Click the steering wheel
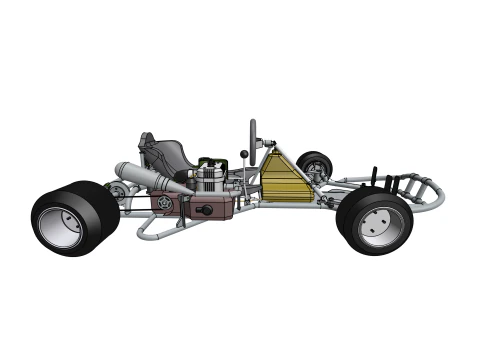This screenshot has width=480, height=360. pyautogui.click(x=253, y=133)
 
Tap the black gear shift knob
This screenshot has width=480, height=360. pyautogui.click(x=243, y=154)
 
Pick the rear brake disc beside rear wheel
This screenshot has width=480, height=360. pyautogui.click(x=118, y=190)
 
